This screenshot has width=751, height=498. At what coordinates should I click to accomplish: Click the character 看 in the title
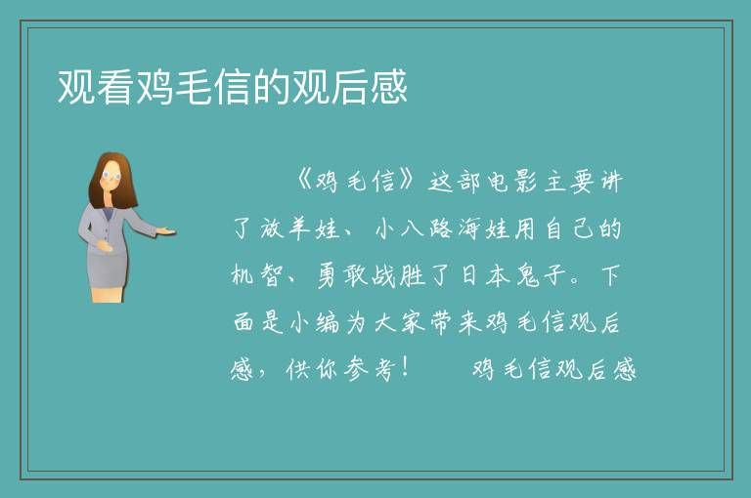115,87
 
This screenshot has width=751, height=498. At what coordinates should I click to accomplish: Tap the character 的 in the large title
272,87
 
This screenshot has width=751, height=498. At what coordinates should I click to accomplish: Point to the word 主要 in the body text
569,182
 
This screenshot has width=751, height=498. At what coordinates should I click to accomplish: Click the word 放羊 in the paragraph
284,228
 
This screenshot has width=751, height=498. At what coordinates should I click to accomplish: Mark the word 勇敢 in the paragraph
341,275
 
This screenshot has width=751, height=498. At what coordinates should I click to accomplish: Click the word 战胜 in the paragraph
399,275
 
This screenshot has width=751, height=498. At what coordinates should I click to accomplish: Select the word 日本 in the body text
484,275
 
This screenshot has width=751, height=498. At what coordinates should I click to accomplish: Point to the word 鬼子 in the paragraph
540,275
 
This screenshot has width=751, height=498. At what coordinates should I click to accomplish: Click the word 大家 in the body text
399,322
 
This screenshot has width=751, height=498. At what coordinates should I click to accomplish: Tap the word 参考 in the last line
370,369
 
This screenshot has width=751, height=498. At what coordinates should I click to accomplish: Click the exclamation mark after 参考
404,368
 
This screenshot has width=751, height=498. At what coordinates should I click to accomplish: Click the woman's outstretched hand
165,232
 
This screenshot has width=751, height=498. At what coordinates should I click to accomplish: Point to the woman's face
111,176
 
